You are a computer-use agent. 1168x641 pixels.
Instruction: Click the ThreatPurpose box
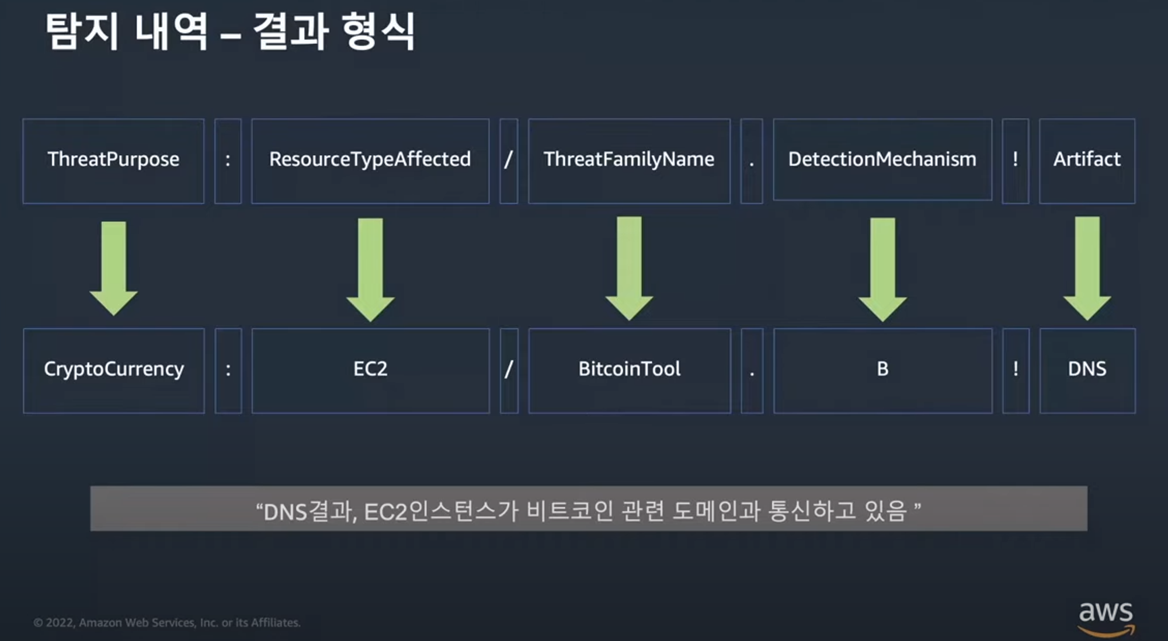(113, 161)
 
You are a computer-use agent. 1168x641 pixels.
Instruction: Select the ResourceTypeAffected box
(370, 161)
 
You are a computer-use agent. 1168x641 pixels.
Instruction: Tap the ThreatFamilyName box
(629, 161)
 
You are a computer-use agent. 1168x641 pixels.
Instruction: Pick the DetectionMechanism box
(882, 159)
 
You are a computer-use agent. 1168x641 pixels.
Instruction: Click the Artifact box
(1087, 161)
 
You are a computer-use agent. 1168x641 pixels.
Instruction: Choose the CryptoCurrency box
(114, 370)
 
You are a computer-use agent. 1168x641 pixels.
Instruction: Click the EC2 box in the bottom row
(370, 370)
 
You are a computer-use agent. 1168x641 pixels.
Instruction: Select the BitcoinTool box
(630, 370)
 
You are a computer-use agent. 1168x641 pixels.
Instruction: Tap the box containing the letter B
(882, 370)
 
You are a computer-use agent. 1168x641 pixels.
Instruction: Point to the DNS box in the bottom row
(1087, 370)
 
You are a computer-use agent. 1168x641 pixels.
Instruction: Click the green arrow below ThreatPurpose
(114, 268)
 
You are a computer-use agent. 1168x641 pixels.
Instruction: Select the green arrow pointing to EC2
(370, 269)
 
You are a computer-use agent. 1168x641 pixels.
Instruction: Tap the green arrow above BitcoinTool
(629, 268)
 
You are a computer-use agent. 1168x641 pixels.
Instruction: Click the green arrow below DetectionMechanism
(882, 269)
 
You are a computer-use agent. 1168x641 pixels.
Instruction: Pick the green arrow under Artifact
(1087, 268)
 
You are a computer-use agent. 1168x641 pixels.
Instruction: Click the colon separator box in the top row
(228, 161)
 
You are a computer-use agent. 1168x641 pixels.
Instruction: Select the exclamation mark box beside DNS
(1016, 370)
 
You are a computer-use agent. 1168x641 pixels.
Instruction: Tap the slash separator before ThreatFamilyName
(509, 161)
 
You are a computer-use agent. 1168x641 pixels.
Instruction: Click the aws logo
(1106, 618)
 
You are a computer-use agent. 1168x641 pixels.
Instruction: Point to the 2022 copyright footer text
(167, 622)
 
